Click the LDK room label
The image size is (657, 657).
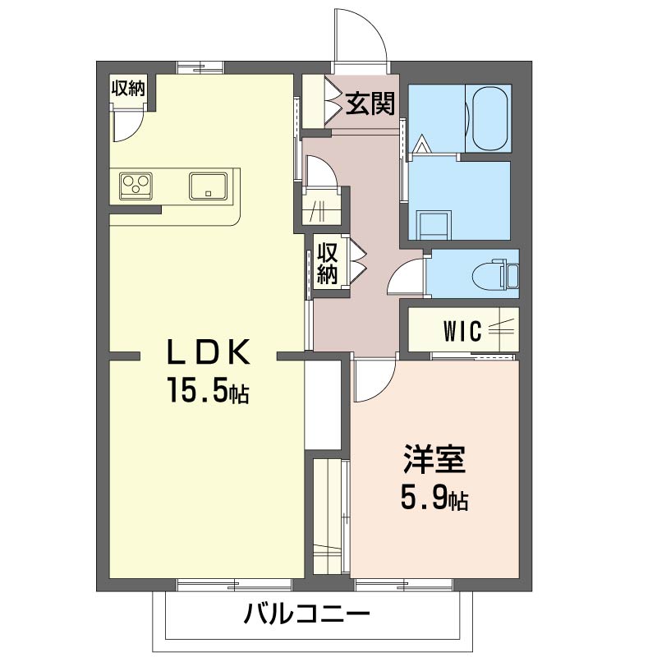[209, 352]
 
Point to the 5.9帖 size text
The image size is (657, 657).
[434, 498]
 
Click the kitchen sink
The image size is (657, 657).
[212, 185]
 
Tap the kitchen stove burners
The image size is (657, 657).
[136, 185]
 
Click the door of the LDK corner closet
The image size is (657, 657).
[127, 123]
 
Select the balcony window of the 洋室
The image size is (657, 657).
[404, 584]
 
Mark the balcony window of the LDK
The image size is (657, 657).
[234, 584]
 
